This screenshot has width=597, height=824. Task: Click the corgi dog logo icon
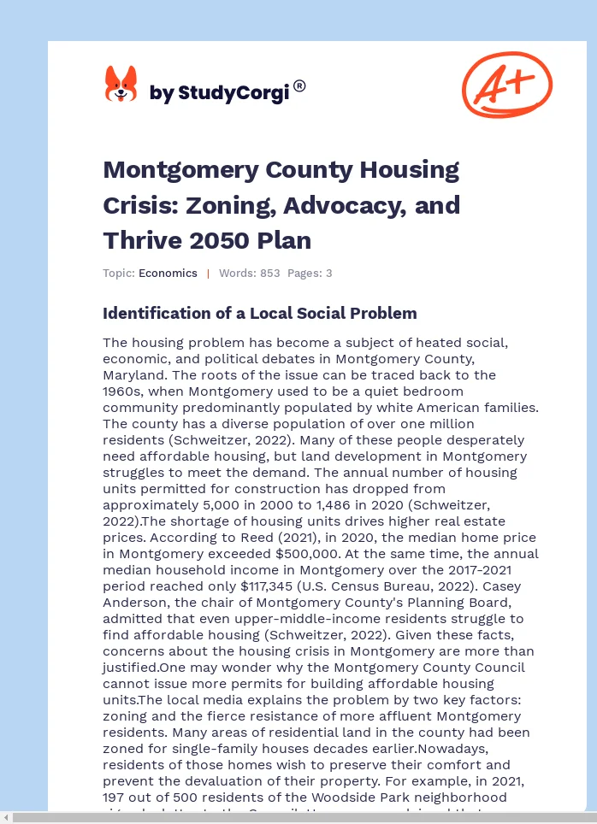pyautogui.click(x=121, y=85)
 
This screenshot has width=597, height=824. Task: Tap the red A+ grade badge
pyautogui.click(x=506, y=85)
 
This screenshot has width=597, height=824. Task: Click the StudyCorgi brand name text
pyautogui.click(x=220, y=93)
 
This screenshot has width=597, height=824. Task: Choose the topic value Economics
pyautogui.click(x=168, y=274)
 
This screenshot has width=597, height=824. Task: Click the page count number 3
pyautogui.click(x=328, y=274)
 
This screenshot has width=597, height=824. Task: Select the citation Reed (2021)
pyautogui.click(x=263, y=538)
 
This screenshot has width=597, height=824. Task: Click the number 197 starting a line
pyautogui.click(x=115, y=798)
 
